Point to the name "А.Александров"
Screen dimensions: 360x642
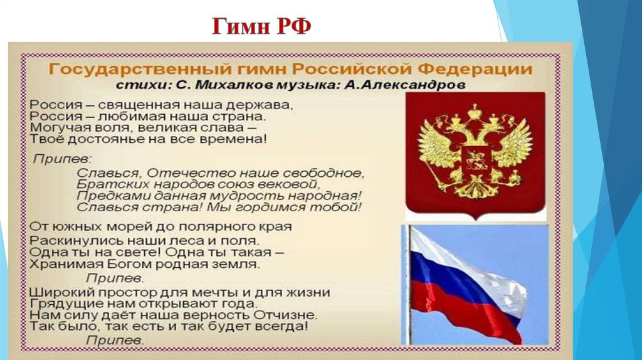coord(405,83)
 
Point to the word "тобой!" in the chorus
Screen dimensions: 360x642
coord(341,207)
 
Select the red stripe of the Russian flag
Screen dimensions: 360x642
coord(476,314)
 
